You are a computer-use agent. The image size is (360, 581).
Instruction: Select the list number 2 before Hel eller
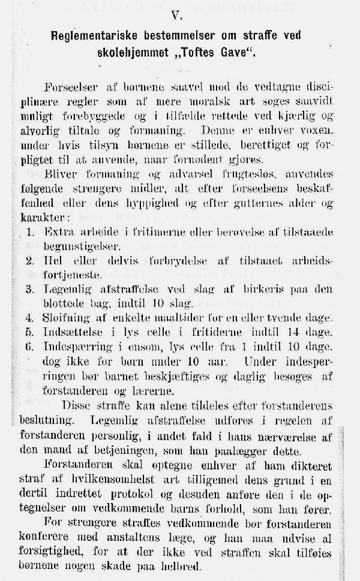[x=29, y=261]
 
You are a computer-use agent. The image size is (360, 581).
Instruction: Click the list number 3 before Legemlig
[x=29, y=289]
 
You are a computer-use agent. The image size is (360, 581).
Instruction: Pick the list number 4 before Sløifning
[x=29, y=318]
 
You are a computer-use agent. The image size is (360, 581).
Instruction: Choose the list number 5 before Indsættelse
[x=29, y=332]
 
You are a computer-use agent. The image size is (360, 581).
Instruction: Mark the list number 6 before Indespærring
[x=29, y=347]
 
